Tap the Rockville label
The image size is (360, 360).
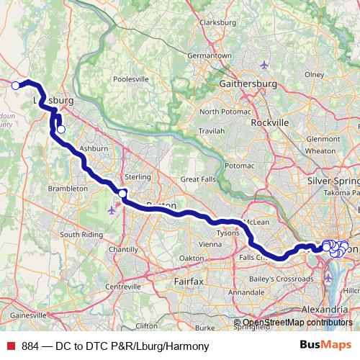tap(269, 122)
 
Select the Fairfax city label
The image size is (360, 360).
tap(189, 278)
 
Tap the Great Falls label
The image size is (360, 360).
tap(198, 179)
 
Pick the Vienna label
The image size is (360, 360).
tap(210, 244)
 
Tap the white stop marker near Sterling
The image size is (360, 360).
tap(122, 194)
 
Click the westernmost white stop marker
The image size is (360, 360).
tap(16, 85)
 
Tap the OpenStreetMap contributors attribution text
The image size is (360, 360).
tap(296, 323)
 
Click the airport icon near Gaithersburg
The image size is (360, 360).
tap(265, 66)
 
